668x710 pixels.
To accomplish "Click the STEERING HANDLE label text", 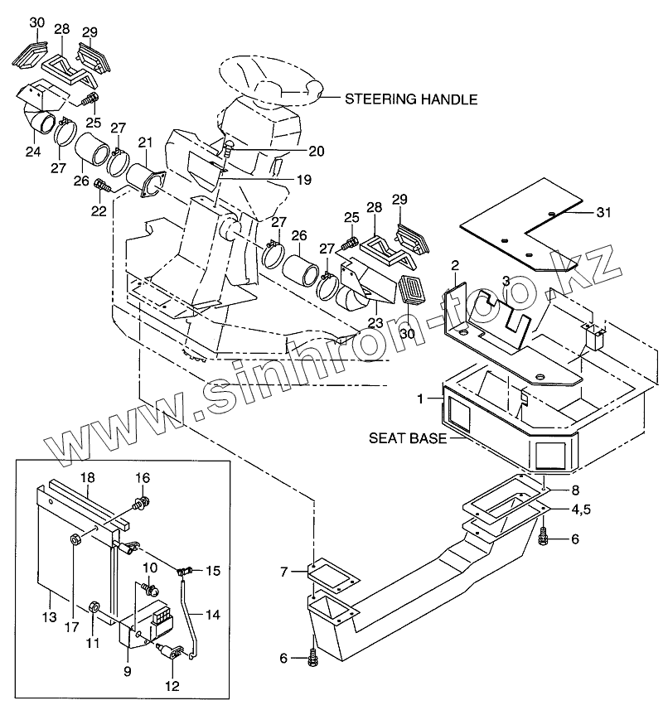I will (411, 99).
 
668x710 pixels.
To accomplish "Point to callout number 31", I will (605, 212).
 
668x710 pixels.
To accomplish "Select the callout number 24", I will (33, 152).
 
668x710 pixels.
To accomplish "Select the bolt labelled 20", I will (229, 152).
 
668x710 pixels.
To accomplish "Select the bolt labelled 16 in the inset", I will (143, 501).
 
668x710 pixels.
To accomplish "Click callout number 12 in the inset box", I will (172, 686).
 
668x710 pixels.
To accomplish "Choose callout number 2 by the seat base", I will (454, 265).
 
